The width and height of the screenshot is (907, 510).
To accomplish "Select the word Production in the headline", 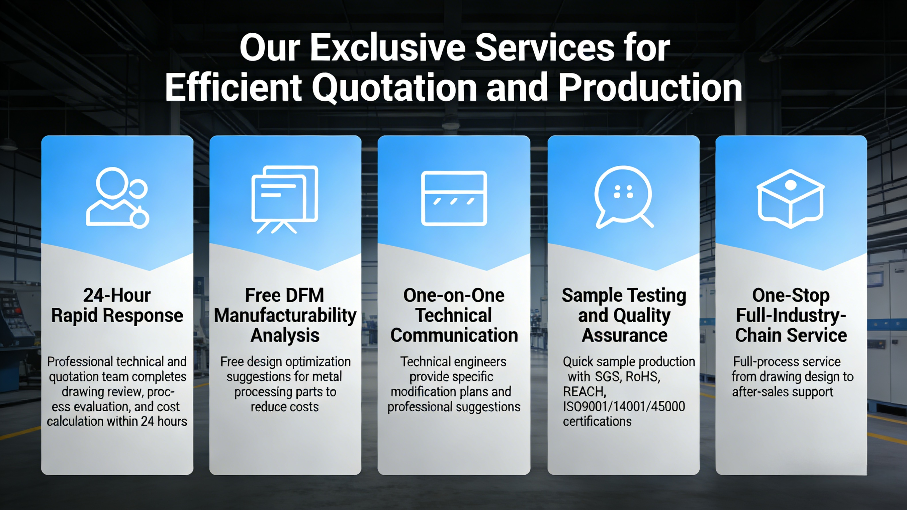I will [650, 87].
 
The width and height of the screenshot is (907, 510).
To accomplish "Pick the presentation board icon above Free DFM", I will [285, 199].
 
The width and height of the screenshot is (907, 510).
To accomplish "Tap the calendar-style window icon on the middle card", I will [454, 198].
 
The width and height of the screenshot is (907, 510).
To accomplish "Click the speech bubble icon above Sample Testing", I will [624, 197].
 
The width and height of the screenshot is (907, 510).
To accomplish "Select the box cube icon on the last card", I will [790, 198].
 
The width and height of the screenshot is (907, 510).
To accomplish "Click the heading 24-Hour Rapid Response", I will [117, 305].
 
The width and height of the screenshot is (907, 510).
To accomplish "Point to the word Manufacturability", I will [285, 315].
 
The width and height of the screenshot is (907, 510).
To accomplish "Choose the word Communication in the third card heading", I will [454, 335].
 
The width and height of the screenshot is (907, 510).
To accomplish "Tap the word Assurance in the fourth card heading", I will [624, 335].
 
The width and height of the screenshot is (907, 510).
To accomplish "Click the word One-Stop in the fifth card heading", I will [791, 295].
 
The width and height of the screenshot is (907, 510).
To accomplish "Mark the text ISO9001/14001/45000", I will [624, 406].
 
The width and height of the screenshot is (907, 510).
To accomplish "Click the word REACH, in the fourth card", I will [584, 392].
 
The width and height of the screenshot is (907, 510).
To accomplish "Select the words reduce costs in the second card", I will [284, 407].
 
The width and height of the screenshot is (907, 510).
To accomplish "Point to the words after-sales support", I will [782, 392].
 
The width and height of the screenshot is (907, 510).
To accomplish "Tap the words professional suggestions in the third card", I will [454, 407].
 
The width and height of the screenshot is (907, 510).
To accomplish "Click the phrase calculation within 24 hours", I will [117, 422].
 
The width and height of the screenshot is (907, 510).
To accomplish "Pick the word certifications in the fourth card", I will [597, 422].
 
